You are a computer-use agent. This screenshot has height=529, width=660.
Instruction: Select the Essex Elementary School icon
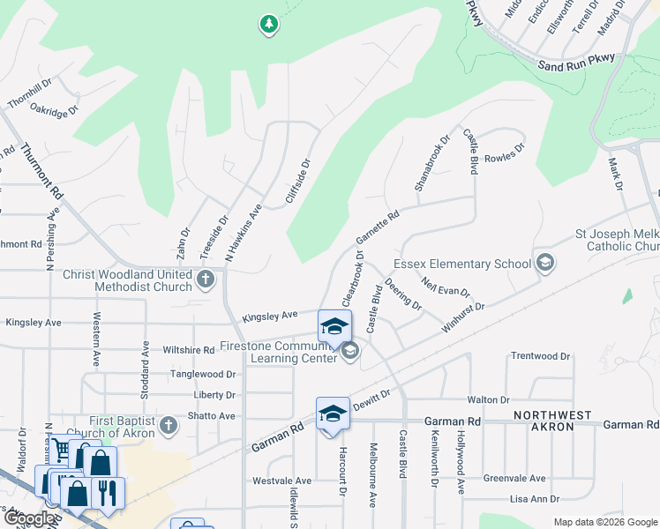pyautogui.click(x=544, y=263)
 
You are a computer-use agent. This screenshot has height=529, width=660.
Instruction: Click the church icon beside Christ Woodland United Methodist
pyautogui.click(x=206, y=280)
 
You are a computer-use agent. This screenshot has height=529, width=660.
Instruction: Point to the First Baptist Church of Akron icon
pyautogui.click(x=168, y=427)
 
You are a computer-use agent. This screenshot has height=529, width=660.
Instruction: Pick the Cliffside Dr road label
pyautogui.click(x=298, y=183)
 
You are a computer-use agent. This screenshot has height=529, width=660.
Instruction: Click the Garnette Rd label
pyautogui.click(x=378, y=227)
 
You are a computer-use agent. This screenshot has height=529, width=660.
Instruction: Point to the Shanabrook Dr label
pyautogui.click(x=432, y=163)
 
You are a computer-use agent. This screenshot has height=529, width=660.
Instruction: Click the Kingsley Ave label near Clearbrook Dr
pyautogui.click(x=270, y=316)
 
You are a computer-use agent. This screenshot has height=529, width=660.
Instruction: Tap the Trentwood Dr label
pyautogui.click(x=541, y=356)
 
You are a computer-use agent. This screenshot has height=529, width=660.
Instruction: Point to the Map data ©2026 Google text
pyautogui.click(x=605, y=522)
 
